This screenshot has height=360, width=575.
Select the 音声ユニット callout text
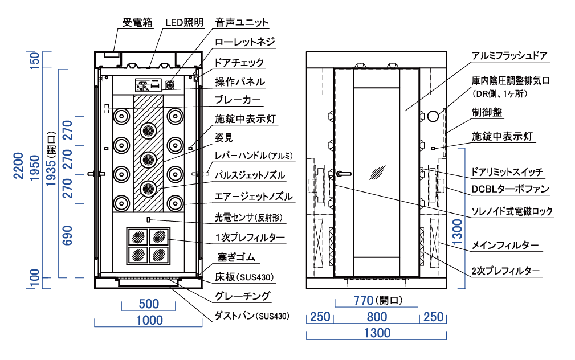242,23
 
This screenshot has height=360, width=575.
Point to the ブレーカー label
238,100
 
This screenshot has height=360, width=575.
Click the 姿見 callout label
224,138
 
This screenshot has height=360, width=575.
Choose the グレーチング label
242,296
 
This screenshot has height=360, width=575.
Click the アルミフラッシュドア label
510,56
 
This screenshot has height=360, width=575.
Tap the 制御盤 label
487,112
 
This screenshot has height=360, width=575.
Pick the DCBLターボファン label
511,189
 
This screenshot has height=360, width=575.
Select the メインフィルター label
505,246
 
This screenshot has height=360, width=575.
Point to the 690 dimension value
67,235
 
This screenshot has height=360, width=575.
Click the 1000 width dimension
149,321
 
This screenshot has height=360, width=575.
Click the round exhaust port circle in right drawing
433,116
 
